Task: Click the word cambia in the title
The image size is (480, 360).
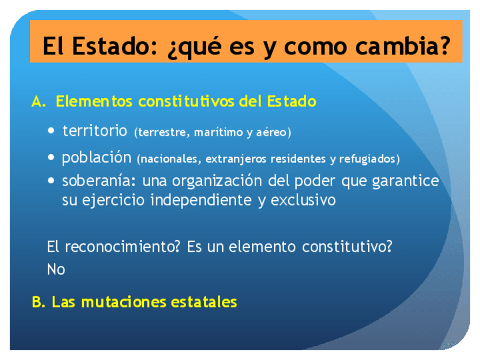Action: pyautogui.click(x=398, y=46)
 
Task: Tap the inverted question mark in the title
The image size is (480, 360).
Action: pyautogui.click(x=173, y=50)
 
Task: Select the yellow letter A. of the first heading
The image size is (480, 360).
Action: pyautogui.click(x=38, y=101)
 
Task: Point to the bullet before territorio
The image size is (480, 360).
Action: pyautogui.click(x=51, y=131)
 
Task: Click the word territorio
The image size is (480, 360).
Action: pyautogui.click(x=95, y=131)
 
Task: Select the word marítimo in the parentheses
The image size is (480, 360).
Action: pyautogui.click(x=218, y=132)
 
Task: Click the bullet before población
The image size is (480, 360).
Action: pyautogui.click(x=51, y=157)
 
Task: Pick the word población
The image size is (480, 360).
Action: pyautogui.click(x=97, y=158)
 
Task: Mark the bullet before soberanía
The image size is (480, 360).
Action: pyautogui.click(x=51, y=181)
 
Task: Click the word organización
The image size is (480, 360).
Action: pyautogui.click(x=217, y=181)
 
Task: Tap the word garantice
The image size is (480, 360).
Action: pyautogui.click(x=406, y=181)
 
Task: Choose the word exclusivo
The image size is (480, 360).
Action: pyautogui.click(x=303, y=200)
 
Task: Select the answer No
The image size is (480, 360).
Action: pyautogui.click(x=56, y=269)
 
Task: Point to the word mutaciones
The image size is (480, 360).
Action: pyautogui.click(x=123, y=302)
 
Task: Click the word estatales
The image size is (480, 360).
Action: pyautogui.click(x=204, y=302)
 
